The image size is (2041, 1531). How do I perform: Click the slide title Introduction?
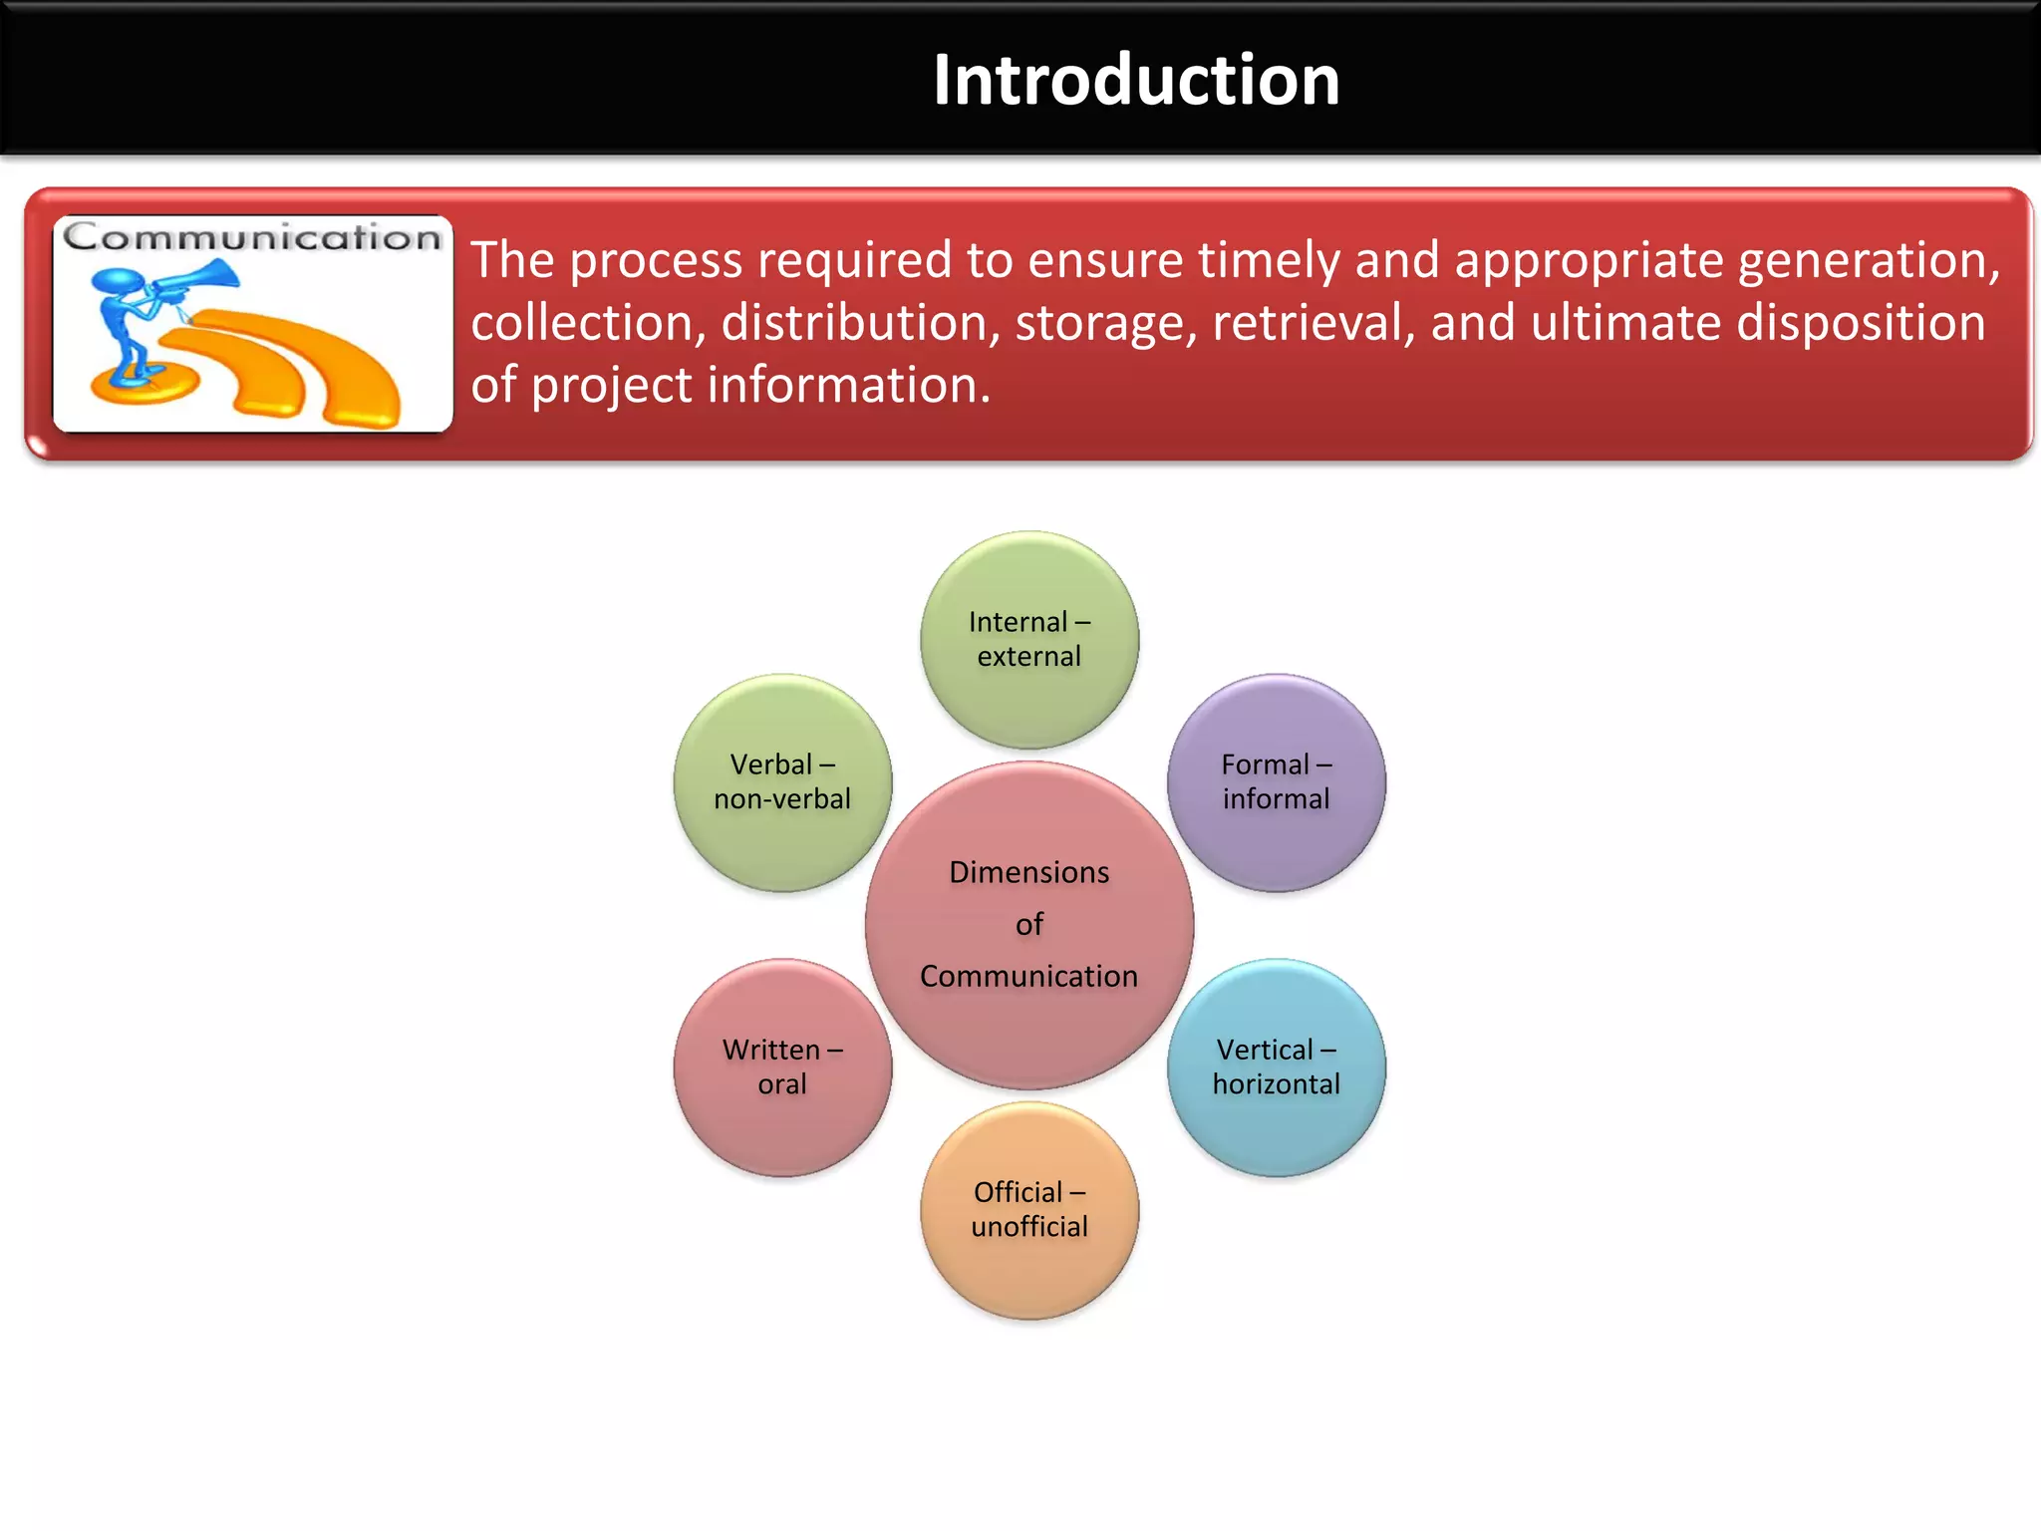(1135, 80)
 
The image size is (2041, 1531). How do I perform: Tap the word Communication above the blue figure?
(252, 237)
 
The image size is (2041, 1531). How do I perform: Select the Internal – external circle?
(1029, 639)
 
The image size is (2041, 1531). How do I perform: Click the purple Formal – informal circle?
(1276, 782)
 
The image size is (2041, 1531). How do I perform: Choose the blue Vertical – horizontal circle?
(1276, 1067)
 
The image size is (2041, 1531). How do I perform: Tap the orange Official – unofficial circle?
(1029, 1209)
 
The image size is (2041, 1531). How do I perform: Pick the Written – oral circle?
(782, 1067)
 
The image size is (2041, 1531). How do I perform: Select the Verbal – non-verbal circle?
(782, 782)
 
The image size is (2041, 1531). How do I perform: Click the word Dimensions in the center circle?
(1028, 872)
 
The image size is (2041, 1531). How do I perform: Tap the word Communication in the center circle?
(1028, 976)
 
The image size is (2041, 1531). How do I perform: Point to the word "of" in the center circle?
(1029, 924)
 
